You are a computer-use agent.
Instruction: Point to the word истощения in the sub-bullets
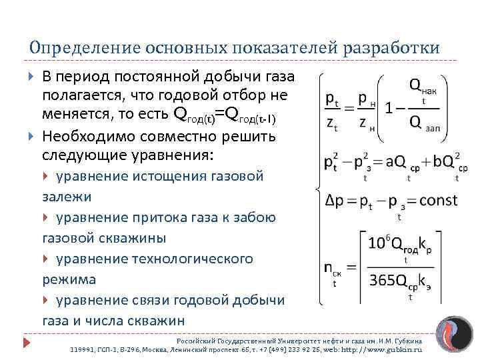click(x=169, y=177)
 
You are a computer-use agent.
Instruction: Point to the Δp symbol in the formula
click(x=333, y=200)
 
